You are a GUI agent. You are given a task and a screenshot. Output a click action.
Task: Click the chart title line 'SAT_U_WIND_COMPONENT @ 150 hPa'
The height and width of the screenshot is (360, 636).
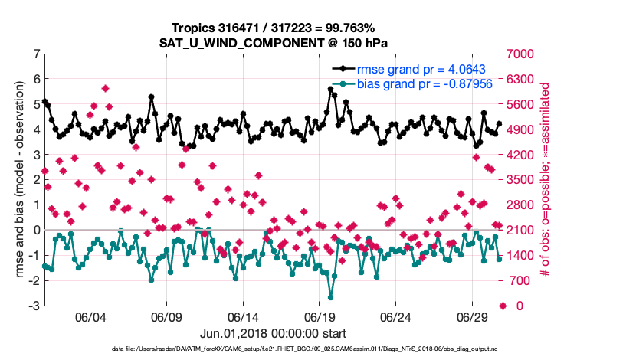pyautogui.click(x=274, y=42)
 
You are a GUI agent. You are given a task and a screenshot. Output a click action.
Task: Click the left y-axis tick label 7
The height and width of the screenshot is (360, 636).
pyautogui.click(x=37, y=54)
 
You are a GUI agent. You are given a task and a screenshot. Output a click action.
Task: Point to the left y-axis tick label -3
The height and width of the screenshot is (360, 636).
pyautogui.click(x=34, y=306)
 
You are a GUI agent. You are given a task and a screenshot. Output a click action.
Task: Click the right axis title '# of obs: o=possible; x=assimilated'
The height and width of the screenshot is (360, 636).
pyautogui.click(x=546, y=180)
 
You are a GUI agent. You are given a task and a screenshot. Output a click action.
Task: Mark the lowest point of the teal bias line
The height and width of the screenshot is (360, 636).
pyautogui.click(x=331, y=297)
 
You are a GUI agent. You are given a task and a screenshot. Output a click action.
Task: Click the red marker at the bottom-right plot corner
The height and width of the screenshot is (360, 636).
pyautogui.click(x=503, y=306)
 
